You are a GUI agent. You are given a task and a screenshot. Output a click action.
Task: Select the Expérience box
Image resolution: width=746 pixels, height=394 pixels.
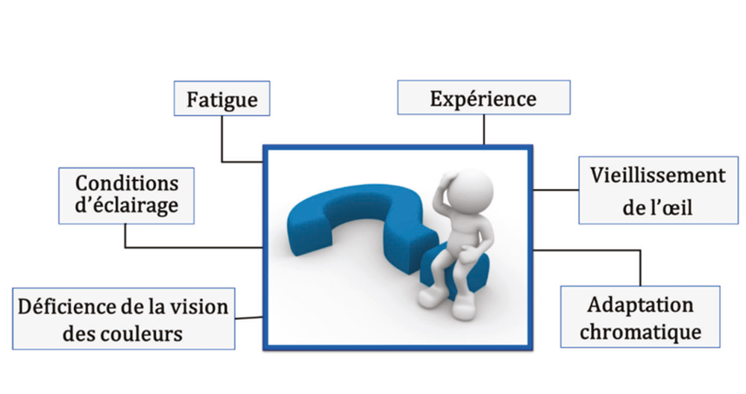pyautogui.click(x=483, y=98)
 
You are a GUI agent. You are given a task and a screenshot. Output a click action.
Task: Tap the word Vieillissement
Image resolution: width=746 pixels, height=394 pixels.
pyautogui.click(x=657, y=176)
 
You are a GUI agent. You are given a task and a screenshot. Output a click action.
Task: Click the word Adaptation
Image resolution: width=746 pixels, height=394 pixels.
pyautogui.click(x=640, y=305)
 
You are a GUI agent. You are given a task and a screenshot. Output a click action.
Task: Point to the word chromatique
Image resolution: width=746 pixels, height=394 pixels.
pyautogui.click(x=640, y=332)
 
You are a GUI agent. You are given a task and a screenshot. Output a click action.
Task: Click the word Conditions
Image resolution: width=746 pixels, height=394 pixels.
pyautogui.click(x=127, y=184)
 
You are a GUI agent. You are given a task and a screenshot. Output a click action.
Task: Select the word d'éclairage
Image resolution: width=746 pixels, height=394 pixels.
pyautogui.click(x=127, y=207)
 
